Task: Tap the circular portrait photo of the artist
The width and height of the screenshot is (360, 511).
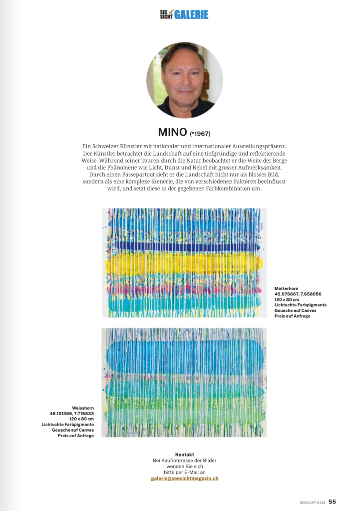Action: [x=184, y=80]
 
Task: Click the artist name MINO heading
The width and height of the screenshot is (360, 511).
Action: [x=172, y=132]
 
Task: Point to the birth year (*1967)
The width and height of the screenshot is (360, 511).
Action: [x=201, y=134]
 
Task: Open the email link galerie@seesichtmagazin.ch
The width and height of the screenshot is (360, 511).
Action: [x=184, y=478]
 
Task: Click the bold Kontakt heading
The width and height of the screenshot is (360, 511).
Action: [x=184, y=454]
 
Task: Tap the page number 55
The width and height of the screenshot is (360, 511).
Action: [x=332, y=502]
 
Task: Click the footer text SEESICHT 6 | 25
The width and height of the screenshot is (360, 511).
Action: [x=313, y=502]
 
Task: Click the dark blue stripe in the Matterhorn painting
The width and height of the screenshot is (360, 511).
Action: [x=185, y=247]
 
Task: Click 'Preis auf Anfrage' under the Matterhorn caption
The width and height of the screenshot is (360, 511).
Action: [x=292, y=316]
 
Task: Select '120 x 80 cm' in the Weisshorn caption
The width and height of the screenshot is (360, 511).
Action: [x=81, y=419]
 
